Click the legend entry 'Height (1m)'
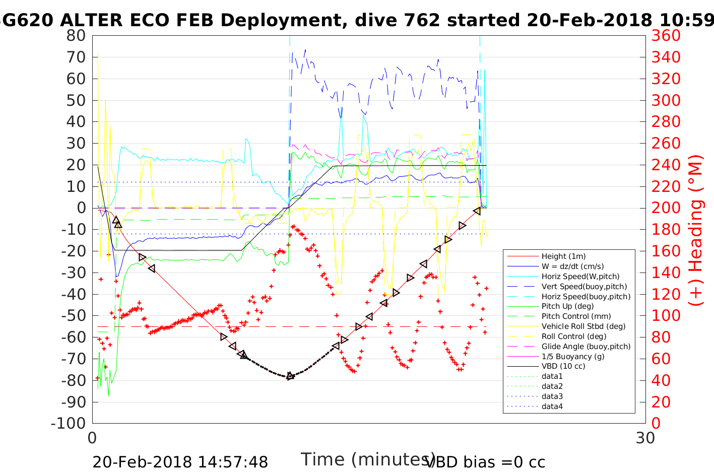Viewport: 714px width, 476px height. [x=563, y=256]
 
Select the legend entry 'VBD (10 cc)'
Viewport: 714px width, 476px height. [x=563, y=366]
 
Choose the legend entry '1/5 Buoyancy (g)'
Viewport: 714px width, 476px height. [x=573, y=356]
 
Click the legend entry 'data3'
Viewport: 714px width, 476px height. [x=552, y=396]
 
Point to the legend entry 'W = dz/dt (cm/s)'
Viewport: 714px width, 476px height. [x=572, y=266]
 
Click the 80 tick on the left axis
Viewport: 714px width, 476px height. [x=76, y=36]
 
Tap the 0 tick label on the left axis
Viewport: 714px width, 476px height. [x=81, y=208]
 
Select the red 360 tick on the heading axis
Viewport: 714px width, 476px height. [x=666, y=36]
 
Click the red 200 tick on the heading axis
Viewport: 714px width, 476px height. [x=666, y=208]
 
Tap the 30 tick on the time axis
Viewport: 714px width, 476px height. [x=645, y=438]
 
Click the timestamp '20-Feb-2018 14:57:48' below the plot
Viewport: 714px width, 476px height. [x=180, y=462]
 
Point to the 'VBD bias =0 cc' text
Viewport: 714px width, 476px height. [x=485, y=462]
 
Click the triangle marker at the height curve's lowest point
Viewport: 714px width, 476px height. [x=290, y=376]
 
